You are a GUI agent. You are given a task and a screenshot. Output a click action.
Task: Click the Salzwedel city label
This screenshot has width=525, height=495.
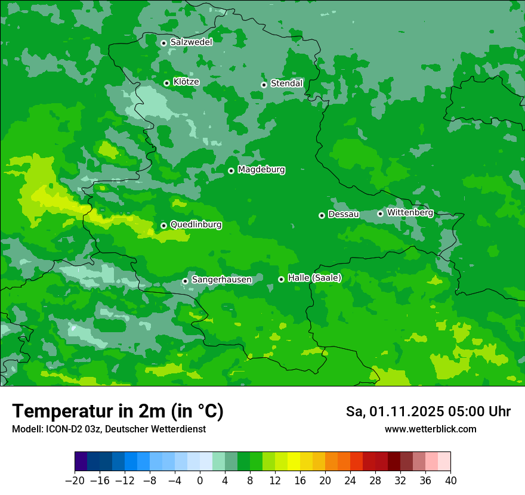tap(191, 42)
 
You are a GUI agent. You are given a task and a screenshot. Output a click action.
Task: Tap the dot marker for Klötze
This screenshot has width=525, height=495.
tap(166, 83)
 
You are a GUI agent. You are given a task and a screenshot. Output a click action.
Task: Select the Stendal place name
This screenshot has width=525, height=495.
tap(287, 83)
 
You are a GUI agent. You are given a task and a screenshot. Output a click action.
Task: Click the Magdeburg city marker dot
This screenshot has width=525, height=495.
tap(231, 171)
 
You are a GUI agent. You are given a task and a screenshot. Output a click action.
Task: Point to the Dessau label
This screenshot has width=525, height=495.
tap(344, 214)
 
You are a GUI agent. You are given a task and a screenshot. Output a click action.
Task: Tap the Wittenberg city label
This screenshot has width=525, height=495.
tap(410, 212)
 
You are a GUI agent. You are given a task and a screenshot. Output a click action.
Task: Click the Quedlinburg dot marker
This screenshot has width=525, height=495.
tap(163, 225)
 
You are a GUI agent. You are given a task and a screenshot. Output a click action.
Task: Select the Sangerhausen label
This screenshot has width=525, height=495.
tap(221, 280)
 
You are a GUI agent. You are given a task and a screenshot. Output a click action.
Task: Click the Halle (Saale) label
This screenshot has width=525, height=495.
tap(314, 278)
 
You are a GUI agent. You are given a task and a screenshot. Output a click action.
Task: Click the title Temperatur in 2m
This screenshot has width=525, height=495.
tap(118, 412)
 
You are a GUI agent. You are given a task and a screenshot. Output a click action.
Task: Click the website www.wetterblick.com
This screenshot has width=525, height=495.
tap(431, 429)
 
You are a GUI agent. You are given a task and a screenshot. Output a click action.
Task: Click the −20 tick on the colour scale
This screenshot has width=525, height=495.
tap(75, 481)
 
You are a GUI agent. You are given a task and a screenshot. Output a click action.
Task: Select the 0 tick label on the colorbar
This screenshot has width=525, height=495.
tap(200, 481)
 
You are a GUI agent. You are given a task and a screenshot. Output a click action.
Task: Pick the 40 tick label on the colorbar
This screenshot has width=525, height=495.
tap(450, 481)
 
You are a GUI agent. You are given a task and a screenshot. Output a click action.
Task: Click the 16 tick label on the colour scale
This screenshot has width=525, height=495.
tap(300, 481)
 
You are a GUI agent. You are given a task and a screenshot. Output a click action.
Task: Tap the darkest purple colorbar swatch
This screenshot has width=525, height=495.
tap(81, 462)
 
